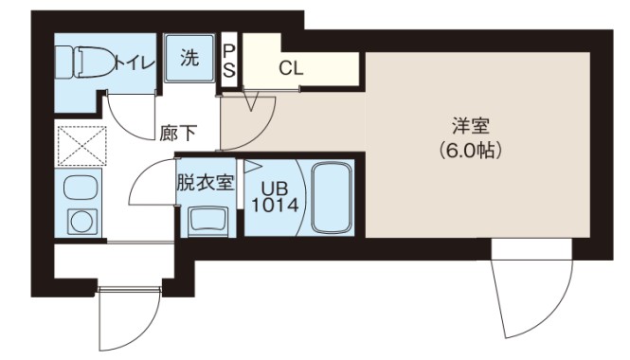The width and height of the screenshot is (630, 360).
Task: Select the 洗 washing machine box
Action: tap(189, 58)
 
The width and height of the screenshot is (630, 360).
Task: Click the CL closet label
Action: tap(291, 68)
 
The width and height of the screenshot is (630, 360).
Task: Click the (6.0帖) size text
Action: tap(470, 150)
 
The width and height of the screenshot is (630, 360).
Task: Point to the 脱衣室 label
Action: tap(205, 183)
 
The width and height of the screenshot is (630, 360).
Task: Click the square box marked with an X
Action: tap(81, 146)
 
